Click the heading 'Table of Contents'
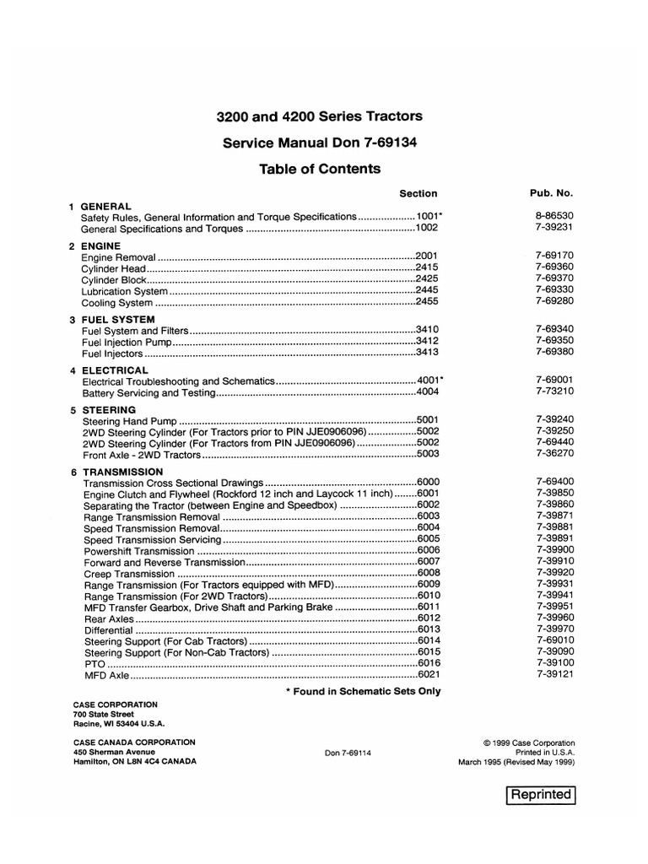(320, 169)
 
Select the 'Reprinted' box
(540, 795)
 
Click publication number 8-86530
(554, 216)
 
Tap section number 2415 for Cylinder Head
(427, 267)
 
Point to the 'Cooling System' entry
(117, 303)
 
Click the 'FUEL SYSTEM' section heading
(118, 320)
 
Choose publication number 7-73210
(554, 392)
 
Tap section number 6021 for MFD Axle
(429, 675)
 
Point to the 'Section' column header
(418, 194)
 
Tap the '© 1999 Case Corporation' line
(529, 742)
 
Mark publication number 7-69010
(554, 640)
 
